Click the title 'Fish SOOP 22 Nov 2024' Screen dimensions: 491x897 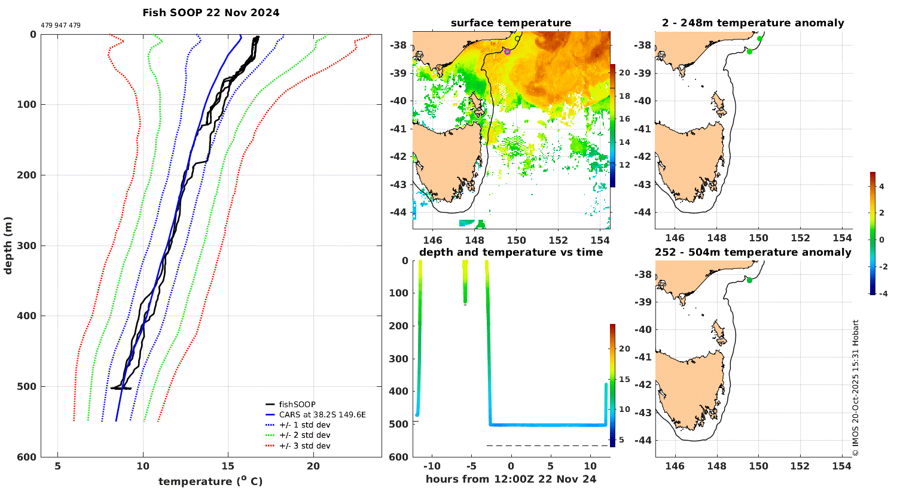[x=210, y=13]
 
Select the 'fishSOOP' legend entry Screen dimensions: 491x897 [x=297, y=404]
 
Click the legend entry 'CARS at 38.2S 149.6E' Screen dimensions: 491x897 [x=322, y=414]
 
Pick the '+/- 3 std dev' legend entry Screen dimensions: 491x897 [x=304, y=445]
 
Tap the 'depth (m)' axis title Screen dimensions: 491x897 [x=8, y=245]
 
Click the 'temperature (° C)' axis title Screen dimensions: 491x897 [x=210, y=481]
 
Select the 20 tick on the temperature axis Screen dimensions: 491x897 [x=313, y=466]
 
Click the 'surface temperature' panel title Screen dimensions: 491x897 [x=511, y=23]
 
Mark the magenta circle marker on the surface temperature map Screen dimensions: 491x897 [x=507, y=51]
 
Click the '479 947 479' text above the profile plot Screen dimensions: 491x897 [x=60, y=26]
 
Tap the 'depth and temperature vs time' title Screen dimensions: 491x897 [x=511, y=252]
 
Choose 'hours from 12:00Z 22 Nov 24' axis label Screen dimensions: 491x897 [x=511, y=479]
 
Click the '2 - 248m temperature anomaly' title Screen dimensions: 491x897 [x=753, y=23]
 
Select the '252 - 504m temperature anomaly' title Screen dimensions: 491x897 [x=753, y=252]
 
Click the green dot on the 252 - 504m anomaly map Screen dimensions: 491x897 [x=749, y=280]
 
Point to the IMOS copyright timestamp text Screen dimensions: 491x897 [x=856, y=388]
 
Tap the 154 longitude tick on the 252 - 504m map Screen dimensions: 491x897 [x=842, y=466]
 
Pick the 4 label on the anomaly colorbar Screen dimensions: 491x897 [x=881, y=186]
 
